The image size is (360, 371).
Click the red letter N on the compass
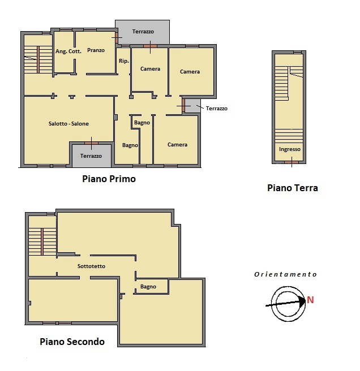pos(310,300)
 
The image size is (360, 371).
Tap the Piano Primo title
pos(109,179)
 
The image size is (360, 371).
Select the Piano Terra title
pos(293,188)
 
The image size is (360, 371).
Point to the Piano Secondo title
pos(72,342)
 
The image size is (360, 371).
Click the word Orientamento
pos(285,274)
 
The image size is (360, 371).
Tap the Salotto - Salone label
pos(68,123)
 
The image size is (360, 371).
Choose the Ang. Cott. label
pos(68,51)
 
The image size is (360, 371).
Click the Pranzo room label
pos(96,50)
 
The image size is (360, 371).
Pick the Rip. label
pos(124,61)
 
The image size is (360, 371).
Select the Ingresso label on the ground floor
pos(290,149)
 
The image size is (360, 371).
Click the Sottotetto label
pos(92,266)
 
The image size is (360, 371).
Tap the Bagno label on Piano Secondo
pos(148,287)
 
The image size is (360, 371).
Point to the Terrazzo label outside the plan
pos(217,109)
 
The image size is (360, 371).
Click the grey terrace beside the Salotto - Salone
pos(92,156)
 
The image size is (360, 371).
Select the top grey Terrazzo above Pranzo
pos(142,32)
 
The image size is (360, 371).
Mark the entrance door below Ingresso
pos(292,162)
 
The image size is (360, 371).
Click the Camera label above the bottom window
pos(177,145)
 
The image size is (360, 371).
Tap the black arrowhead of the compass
pos(302,301)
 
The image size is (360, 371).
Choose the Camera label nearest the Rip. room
pos(150,69)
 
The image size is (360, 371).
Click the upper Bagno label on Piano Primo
pos(142,123)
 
